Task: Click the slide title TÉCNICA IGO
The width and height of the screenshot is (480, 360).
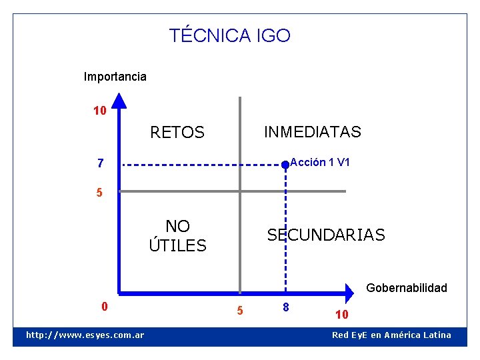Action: (230, 35)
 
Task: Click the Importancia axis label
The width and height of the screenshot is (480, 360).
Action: (115, 77)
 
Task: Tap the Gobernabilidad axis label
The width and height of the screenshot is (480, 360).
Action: (407, 288)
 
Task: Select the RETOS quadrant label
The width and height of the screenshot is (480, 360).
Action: (177, 133)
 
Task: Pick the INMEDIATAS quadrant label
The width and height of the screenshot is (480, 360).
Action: (312, 132)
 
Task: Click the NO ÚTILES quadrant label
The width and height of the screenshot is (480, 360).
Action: (177, 236)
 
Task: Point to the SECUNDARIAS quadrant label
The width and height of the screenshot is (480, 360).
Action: (326, 235)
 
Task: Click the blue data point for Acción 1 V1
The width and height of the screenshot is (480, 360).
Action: (285, 164)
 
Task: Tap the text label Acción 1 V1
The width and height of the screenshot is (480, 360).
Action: (321, 162)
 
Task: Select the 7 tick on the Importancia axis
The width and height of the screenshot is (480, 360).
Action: (100, 163)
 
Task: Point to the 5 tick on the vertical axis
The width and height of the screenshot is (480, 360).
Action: (99, 193)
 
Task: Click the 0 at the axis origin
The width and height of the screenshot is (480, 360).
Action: (104, 307)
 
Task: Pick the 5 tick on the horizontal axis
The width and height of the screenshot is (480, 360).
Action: (241, 311)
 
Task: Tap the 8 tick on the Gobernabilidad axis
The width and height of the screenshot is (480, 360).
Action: (285, 307)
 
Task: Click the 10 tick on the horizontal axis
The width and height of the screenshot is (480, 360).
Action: (341, 314)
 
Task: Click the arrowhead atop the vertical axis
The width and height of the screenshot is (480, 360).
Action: (119, 101)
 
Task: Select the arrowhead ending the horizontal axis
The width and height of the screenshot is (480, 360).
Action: (350, 292)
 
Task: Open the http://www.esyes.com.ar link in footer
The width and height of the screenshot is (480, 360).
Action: (85, 335)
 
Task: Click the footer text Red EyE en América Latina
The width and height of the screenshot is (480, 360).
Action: (391, 335)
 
